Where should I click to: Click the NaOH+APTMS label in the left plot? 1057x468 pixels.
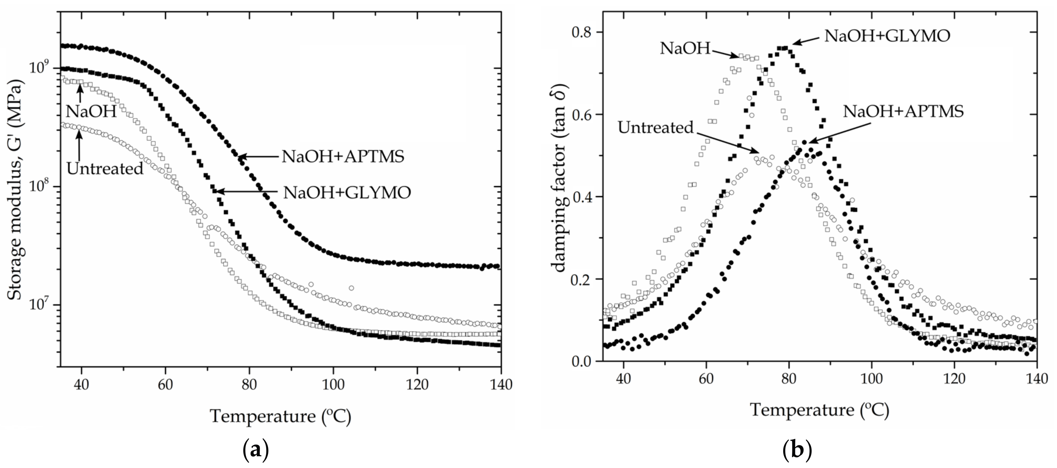pos(343,157)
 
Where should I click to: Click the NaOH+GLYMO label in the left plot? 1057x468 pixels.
pos(347,192)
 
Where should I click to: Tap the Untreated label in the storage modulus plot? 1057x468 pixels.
pos(105,169)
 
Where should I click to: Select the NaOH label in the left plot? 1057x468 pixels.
pos(91,112)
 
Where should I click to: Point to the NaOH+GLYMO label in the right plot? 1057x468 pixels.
pos(887,36)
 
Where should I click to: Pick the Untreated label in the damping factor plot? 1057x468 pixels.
pos(655,128)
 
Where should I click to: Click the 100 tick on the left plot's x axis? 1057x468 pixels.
pos(333,385)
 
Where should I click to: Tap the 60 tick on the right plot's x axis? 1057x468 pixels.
pos(706,378)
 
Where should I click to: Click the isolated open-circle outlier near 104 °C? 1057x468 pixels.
pos(351,288)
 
